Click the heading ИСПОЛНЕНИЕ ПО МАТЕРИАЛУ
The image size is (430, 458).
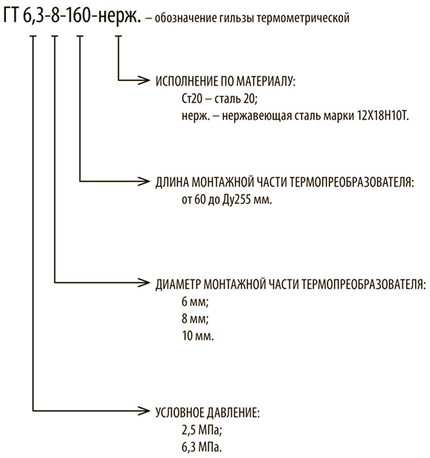(x=225, y=81)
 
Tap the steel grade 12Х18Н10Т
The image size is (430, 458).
(x=382, y=116)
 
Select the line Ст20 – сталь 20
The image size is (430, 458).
(x=219, y=99)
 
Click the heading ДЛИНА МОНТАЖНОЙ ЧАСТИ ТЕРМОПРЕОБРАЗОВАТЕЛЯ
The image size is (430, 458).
(x=284, y=182)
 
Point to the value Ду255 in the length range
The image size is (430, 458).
(x=237, y=200)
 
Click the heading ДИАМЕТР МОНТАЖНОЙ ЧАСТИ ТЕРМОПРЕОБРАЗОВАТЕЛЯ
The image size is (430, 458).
(x=290, y=284)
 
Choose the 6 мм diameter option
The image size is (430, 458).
(x=195, y=301)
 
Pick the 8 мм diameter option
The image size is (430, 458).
(x=195, y=319)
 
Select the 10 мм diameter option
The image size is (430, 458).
(x=198, y=335)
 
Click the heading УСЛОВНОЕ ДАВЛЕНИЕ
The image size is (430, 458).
(x=208, y=413)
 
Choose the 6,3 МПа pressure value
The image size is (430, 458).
(x=202, y=447)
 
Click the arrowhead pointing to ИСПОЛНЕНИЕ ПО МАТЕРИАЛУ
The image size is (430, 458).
(x=144, y=80)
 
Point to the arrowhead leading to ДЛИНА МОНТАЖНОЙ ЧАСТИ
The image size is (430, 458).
(x=144, y=181)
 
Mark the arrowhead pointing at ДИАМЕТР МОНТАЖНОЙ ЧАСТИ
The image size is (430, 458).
(x=144, y=283)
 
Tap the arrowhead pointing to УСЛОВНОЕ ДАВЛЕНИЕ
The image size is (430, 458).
(x=144, y=411)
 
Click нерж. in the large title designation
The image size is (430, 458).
(x=119, y=16)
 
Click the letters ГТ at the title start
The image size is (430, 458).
(x=11, y=16)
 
